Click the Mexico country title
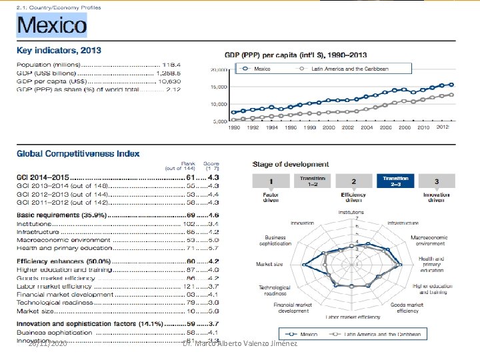pyautogui.click(x=51, y=26)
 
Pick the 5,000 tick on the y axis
pyautogui.click(x=220, y=121)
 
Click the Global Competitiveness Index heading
pyautogui.click(x=78, y=153)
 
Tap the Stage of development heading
pyautogui.click(x=291, y=164)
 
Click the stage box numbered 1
pyautogui.click(x=271, y=181)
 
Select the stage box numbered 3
pyautogui.click(x=436, y=181)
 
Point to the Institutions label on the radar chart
pyautogui.click(x=351, y=213)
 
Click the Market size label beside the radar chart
pyautogui.click(x=269, y=265)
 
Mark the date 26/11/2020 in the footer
pyautogui.click(x=47, y=343)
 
